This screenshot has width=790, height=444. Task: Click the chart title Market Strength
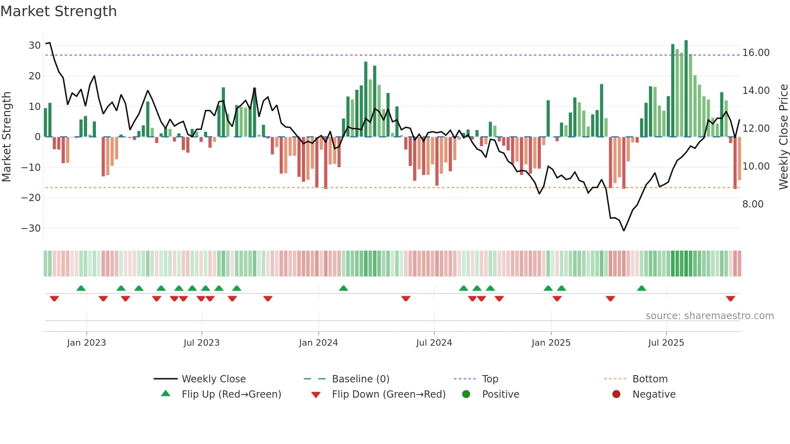click(x=58, y=11)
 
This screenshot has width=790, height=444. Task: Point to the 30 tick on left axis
click(x=35, y=46)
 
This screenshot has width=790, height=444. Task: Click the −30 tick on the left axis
click(x=31, y=228)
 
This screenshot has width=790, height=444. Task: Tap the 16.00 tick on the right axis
click(x=756, y=53)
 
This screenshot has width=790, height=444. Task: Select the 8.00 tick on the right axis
click(x=753, y=204)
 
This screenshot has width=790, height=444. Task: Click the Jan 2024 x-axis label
click(x=318, y=343)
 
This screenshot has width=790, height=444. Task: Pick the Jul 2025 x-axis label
click(x=666, y=343)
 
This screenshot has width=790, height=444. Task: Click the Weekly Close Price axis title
click(x=783, y=137)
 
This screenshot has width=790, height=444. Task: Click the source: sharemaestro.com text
click(x=709, y=316)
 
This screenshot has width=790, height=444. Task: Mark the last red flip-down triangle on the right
click(x=730, y=299)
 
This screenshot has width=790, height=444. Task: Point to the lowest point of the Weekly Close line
click(x=624, y=230)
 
